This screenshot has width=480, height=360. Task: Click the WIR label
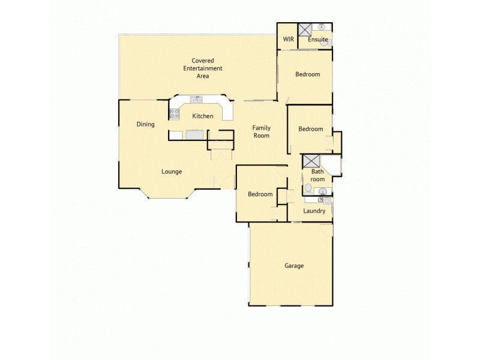point(287,40)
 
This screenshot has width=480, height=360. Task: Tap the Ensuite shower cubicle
point(304,29)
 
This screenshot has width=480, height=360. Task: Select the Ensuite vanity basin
point(322,28)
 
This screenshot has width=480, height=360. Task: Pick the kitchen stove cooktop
point(175,114)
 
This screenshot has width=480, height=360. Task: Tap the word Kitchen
point(203,116)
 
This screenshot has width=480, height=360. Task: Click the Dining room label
point(146,125)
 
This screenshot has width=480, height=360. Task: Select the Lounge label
point(172,172)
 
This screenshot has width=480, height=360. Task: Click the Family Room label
point(261,131)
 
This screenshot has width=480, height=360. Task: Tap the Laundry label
point(314,211)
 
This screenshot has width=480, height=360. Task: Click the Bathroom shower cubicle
point(311,161)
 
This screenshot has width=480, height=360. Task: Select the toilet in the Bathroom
point(308,188)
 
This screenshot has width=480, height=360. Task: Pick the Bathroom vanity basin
point(322,192)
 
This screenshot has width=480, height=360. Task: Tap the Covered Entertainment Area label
point(203,68)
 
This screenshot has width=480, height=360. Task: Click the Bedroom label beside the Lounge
point(260,194)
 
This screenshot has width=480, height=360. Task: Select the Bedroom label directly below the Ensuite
point(308,74)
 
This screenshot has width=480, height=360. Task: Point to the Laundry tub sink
point(327,200)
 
